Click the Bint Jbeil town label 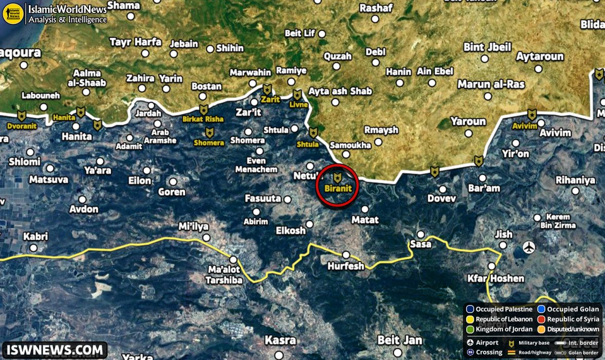pyautogui.click(x=487, y=47)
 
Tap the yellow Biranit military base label pyautogui.click(x=338, y=188)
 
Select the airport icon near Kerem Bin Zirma pyautogui.click(x=529, y=247)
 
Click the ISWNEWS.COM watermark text pyautogui.click(x=54, y=350)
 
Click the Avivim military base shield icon pyautogui.click(x=532, y=114)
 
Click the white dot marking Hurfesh pyautogui.click(x=346, y=255)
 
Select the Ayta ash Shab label pyautogui.click(x=340, y=91)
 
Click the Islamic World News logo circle pyautogui.click(x=13, y=13)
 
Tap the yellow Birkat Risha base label pyautogui.click(x=204, y=119)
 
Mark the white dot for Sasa pyautogui.click(x=420, y=234)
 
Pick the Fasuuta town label pyautogui.click(x=263, y=198)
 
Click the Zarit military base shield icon pyautogui.click(x=267, y=89)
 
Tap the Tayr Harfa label pyautogui.click(x=136, y=42)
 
